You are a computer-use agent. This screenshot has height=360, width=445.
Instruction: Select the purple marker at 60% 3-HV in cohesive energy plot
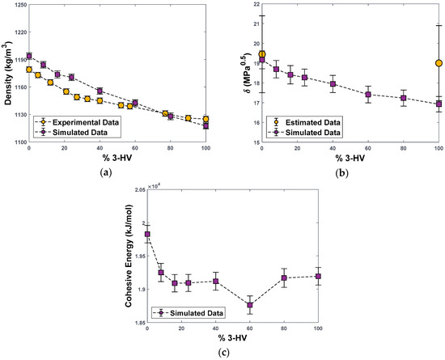pos(250,305)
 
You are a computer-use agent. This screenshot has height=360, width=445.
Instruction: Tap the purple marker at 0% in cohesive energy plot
pos(147,235)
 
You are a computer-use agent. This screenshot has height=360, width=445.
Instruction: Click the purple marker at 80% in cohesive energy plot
pos(285,278)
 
